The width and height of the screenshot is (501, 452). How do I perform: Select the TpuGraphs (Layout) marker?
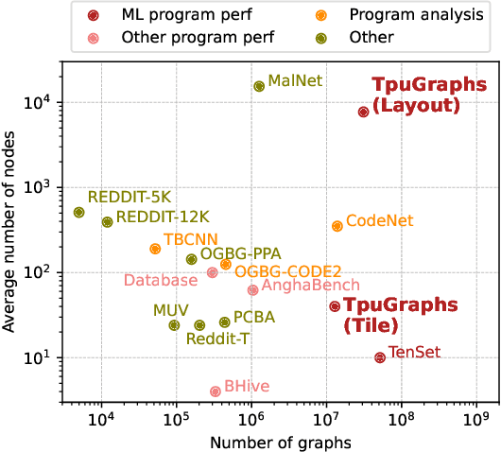click(x=363, y=112)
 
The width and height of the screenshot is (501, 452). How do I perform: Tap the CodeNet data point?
click(x=337, y=226)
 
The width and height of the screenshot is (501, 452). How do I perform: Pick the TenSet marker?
click(x=380, y=357)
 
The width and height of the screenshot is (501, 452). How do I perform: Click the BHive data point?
click(x=216, y=391)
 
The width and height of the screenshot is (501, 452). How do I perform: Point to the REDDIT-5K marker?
click(x=79, y=212)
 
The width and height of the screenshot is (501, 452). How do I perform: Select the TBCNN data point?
click(x=155, y=249)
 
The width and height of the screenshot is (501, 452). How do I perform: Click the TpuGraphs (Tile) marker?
click(x=335, y=305)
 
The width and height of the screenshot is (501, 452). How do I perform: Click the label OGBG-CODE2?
click(x=287, y=271)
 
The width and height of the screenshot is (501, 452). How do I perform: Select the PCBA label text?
click(x=253, y=318)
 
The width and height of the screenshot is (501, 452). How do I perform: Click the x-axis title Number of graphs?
click(x=269, y=442)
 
